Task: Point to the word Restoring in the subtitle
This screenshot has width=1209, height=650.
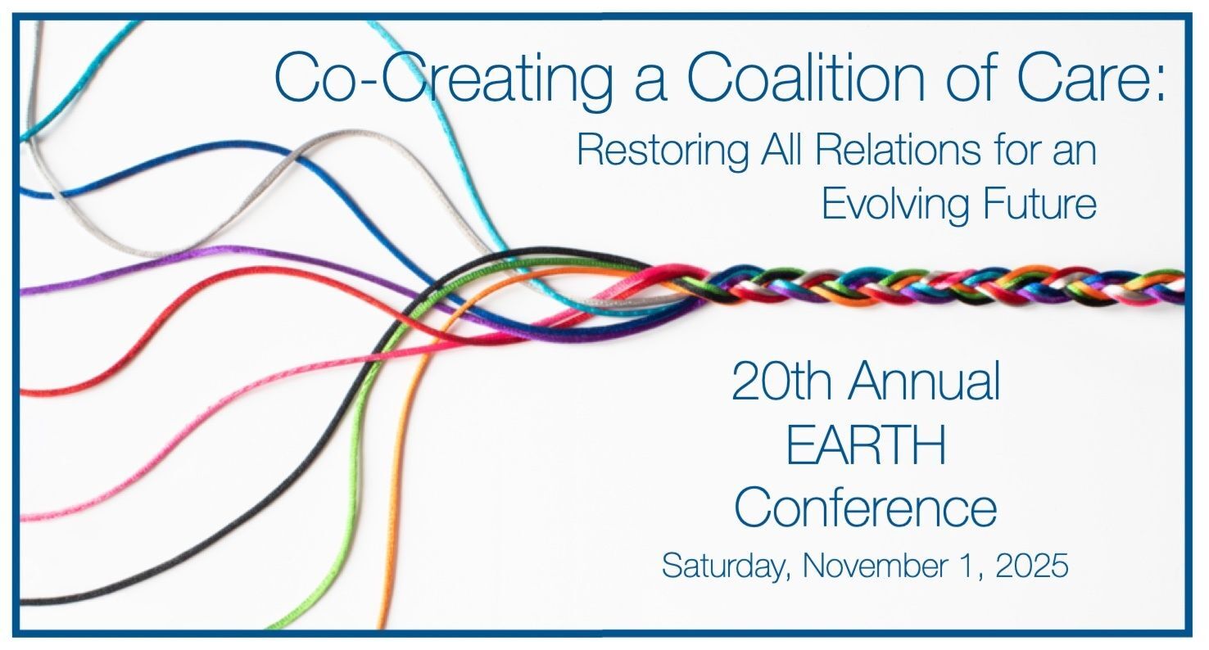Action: (663, 151)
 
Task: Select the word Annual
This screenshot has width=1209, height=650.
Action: (925, 381)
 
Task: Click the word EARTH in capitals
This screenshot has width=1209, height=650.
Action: (867, 445)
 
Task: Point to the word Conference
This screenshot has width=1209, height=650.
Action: (865, 508)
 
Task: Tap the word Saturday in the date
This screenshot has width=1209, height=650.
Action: (727, 566)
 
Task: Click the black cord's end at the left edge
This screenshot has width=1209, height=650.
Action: (23, 601)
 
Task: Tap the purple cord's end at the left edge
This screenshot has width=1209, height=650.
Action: (23, 291)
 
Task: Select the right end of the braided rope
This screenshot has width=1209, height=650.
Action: (1183, 287)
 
